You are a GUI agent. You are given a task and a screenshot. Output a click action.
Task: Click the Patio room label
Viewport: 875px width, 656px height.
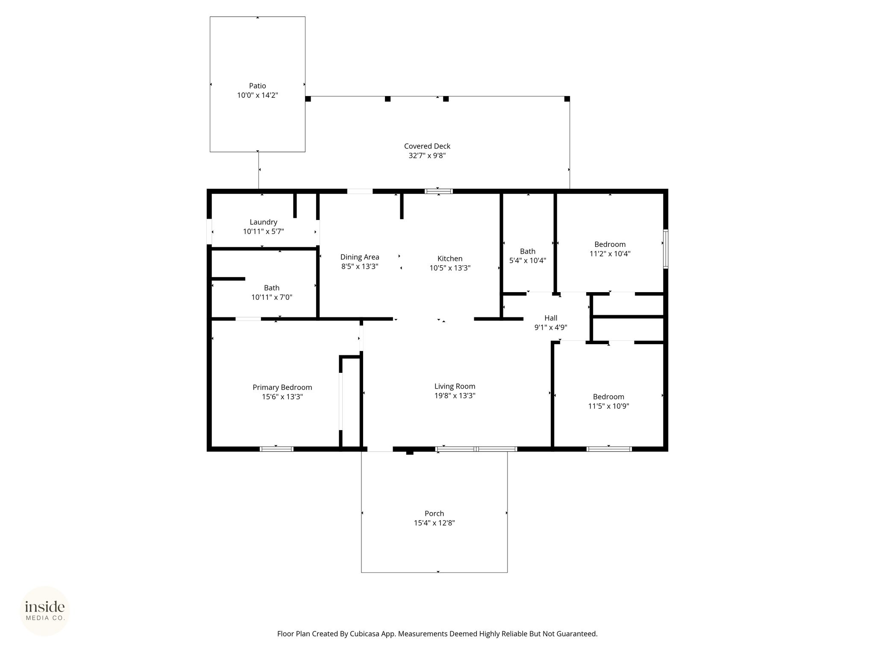(258, 86)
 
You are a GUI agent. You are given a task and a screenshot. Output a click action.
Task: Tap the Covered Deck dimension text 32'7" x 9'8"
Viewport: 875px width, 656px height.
(427, 156)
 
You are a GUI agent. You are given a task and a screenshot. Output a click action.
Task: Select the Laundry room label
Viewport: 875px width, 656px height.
(264, 222)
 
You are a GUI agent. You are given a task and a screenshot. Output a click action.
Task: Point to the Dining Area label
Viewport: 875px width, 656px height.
(360, 257)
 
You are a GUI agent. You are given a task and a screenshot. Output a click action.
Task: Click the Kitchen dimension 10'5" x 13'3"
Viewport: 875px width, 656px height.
(450, 268)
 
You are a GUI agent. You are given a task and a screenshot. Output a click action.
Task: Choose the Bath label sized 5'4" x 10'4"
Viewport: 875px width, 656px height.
(528, 251)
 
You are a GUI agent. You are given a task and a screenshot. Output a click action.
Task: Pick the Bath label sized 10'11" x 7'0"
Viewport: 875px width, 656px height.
(272, 288)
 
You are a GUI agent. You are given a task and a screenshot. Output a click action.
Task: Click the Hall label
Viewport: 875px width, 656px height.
(551, 318)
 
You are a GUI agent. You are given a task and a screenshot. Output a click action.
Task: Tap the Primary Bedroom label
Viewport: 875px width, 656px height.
(282, 387)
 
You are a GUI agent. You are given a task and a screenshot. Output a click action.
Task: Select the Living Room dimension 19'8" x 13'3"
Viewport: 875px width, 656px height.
(455, 395)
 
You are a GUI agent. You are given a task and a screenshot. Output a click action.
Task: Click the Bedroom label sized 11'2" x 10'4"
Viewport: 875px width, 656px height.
(610, 244)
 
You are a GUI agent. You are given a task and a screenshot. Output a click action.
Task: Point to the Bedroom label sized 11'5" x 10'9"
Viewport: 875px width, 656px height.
(608, 397)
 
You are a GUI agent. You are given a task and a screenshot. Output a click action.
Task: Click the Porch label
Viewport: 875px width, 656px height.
(434, 513)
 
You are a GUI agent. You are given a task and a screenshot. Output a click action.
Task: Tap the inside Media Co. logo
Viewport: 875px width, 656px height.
(45, 611)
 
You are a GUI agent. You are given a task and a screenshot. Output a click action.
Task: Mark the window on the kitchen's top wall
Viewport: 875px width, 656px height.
(439, 191)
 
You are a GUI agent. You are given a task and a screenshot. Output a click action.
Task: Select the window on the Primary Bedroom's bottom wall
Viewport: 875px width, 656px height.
(276, 449)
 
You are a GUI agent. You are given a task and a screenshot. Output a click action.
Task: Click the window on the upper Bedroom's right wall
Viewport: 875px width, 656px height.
(666, 249)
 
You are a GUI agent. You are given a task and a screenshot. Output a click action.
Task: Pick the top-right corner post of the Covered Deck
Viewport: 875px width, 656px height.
(567, 99)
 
